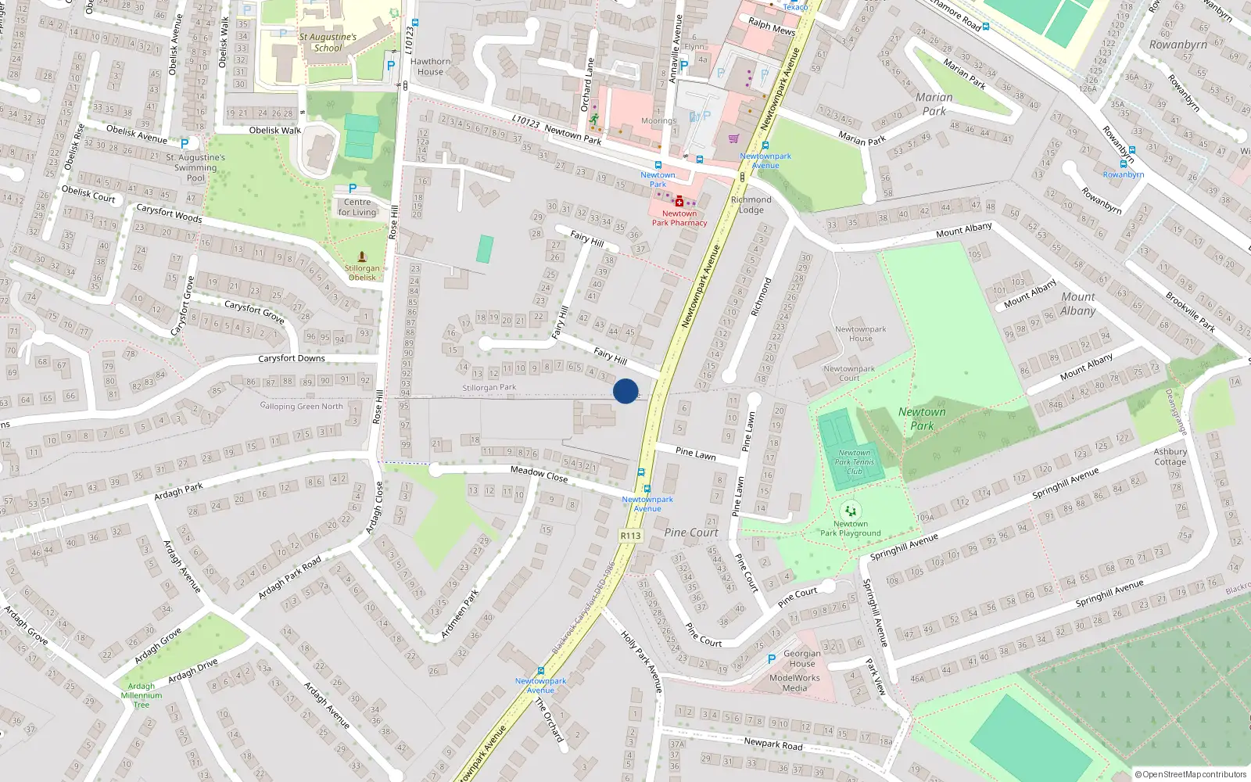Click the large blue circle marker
click(x=625, y=391)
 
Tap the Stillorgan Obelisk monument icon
click(x=361, y=256)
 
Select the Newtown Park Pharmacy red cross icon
click(x=679, y=202)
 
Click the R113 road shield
click(x=630, y=536)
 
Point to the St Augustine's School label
click(x=328, y=42)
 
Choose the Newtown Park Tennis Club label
click(x=854, y=461)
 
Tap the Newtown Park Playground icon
click(x=850, y=510)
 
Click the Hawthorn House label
click(x=430, y=66)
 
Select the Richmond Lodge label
click(x=751, y=204)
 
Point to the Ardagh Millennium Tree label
click(x=142, y=695)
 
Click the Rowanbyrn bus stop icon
click(x=1123, y=164)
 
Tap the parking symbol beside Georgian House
click(x=772, y=659)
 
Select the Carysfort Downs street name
click(x=292, y=358)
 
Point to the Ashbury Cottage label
click(x=1170, y=457)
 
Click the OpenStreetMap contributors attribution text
click(x=1191, y=774)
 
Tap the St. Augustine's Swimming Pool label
click(x=195, y=167)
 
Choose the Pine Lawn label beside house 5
click(x=695, y=453)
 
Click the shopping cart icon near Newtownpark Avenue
click(x=733, y=138)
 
